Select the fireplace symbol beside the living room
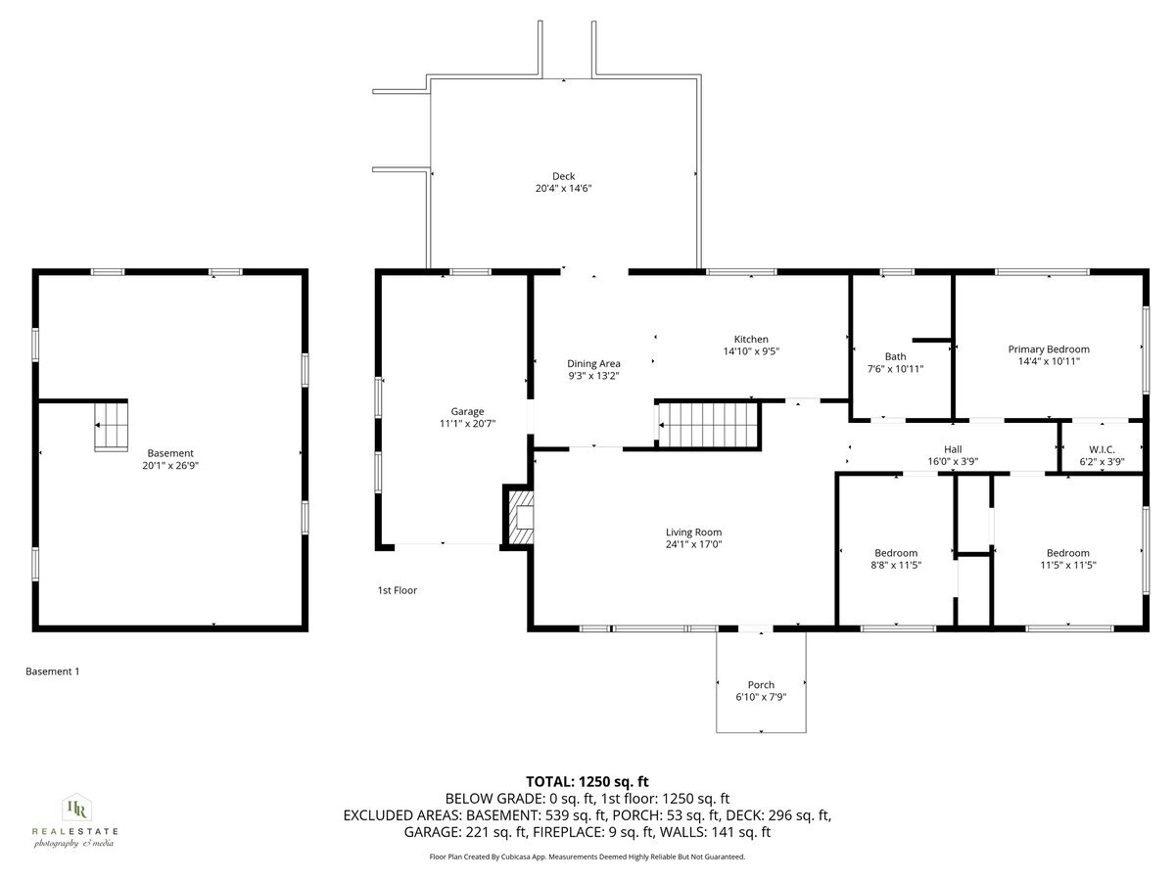pyautogui.click(x=521, y=516)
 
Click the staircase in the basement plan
pyautogui.click(x=111, y=426)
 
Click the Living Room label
pyautogui.click(x=694, y=533)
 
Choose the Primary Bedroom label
pyautogui.click(x=1049, y=348)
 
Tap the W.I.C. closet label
pyautogui.click(x=1103, y=449)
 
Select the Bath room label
pyautogui.click(x=895, y=356)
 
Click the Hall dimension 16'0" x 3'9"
pyautogui.click(x=953, y=462)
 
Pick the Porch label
pyautogui.click(x=761, y=685)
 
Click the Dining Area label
pyautogui.click(x=594, y=363)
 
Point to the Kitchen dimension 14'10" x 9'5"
pyautogui.click(x=751, y=351)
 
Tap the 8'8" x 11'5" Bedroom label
pyautogui.click(x=896, y=553)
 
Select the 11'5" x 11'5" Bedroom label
pyautogui.click(x=1067, y=553)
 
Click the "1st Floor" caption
pyautogui.click(x=398, y=590)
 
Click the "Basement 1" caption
pyautogui.click(x=52, y=672)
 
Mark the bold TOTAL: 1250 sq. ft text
pyautogui.click(x=587, y=781)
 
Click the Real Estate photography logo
pyautogui.click(x=75, y=820)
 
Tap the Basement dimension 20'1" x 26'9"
pyautogui.click(x=170, y=466)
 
